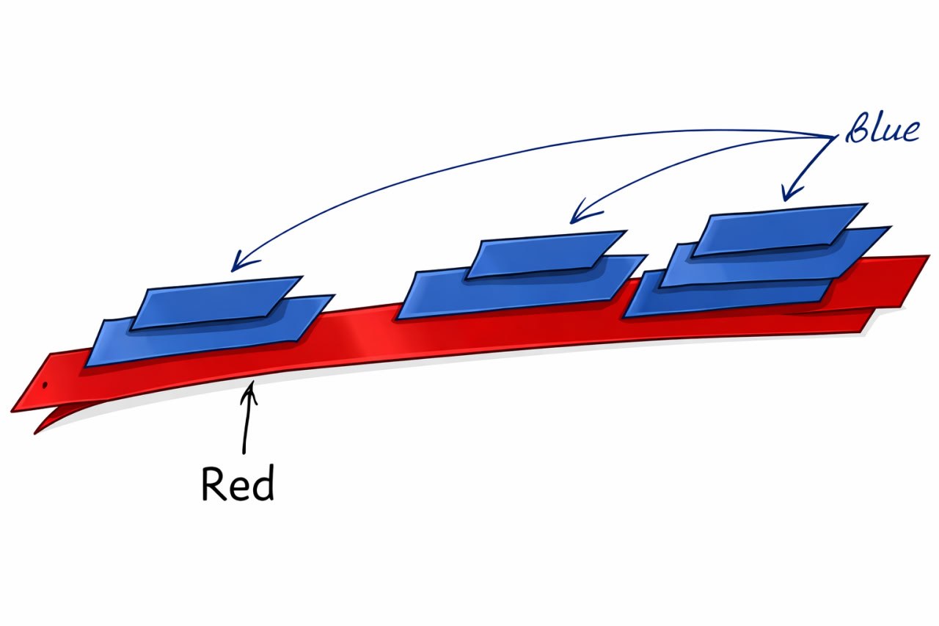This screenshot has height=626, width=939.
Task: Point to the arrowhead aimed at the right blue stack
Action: point(786,196)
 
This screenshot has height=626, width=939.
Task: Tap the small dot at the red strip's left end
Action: point(45,384)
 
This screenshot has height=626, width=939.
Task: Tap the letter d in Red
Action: point(263,484)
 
